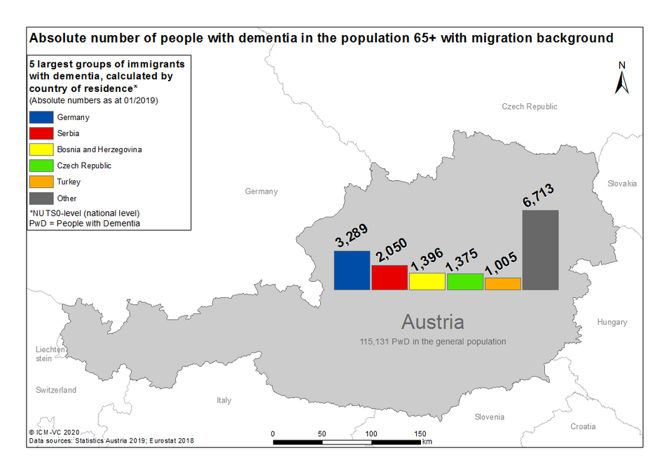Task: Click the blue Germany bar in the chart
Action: [352, 271]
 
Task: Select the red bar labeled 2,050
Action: [389, 278]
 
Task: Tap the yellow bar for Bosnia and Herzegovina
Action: [427, 281]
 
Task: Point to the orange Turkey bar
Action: [502, 284]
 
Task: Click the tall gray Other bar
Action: [541, 250]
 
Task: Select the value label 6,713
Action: [539, 195]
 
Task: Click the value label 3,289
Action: [351, 236]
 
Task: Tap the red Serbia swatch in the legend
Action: [41, 133]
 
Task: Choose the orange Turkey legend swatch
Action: [41, 182]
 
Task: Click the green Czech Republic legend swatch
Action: [41, 165]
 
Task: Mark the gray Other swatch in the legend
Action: [41, 198]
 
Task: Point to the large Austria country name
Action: [433, 322]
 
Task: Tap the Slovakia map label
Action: [622, 184]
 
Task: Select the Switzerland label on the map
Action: [56, 390]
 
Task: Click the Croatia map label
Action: [583, 426]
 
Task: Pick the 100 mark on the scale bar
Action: [371, 434]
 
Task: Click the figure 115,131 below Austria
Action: [373, 341]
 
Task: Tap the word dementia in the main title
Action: [268, 38]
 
